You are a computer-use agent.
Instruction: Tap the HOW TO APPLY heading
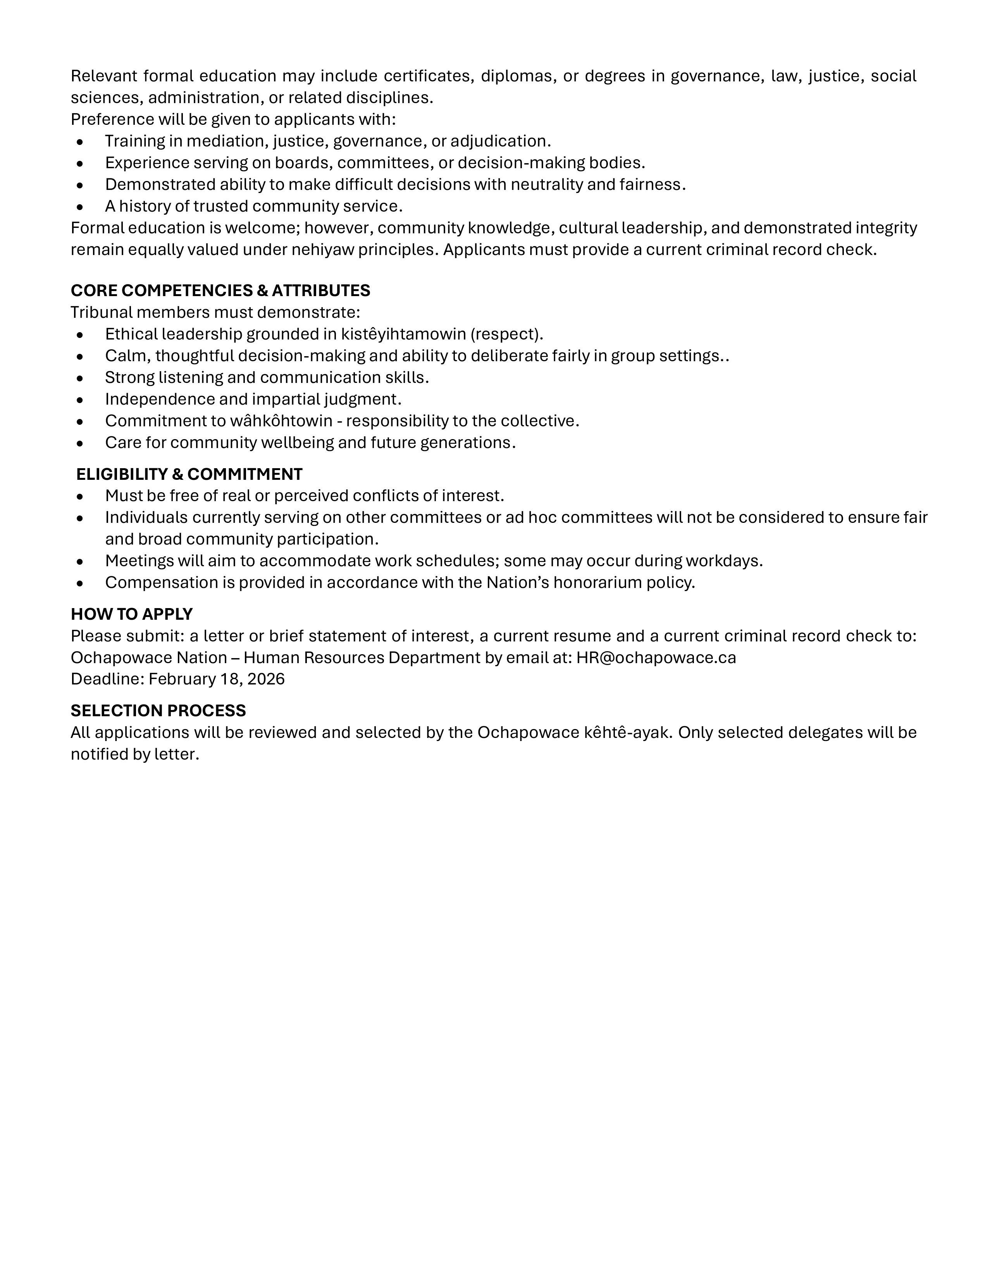click(132, 614)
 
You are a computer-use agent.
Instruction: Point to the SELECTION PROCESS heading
click(158, 710)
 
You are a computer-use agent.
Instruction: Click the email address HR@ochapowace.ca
click(656, 658)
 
